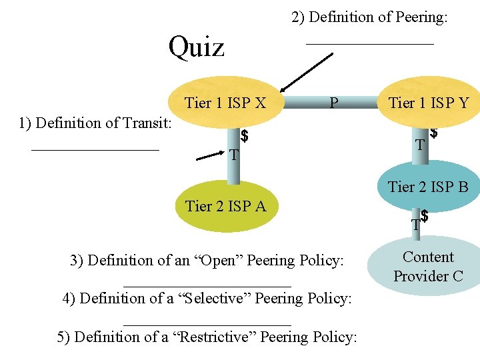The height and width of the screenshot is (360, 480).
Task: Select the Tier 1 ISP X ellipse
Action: coord(225,103)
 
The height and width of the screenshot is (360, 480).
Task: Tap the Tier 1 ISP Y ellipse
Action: coord(429,103)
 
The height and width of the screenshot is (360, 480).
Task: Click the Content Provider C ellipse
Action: coord(428,267)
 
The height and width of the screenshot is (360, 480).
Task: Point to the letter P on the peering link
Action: coord(333,103)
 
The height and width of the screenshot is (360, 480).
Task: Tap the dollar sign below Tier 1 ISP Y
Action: coord(434,135)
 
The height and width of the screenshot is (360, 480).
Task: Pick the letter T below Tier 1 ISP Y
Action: coord(420,145)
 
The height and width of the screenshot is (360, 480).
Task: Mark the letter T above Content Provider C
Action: coord(415,225)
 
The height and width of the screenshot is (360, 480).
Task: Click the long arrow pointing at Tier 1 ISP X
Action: coord(307,72)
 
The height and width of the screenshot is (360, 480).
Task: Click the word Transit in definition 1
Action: coord(146,123)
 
